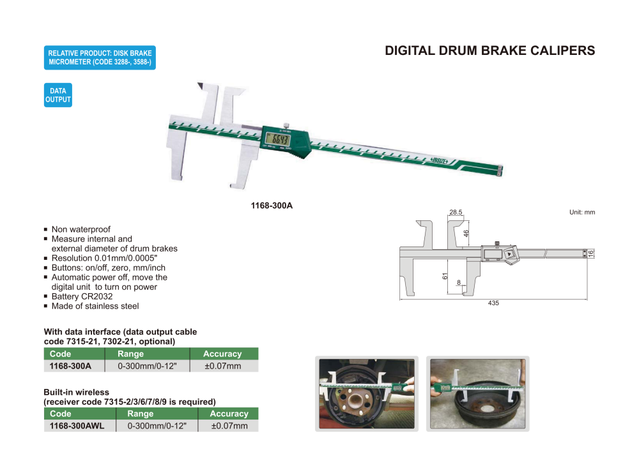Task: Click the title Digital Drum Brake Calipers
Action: click(489, 51)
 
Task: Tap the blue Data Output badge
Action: click(58, 95)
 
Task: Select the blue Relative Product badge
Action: click(100, 57)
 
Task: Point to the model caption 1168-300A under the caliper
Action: click(272, 206)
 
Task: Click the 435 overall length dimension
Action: click(493, 303)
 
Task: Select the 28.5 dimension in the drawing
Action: click(456, 212)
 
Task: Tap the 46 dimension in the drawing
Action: click(466, 234)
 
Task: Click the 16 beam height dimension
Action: click(592, 254)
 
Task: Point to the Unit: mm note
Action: click(582, 212)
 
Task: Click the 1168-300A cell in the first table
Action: click(71, 366)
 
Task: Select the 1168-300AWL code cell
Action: click(77, 426)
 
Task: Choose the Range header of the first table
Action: click(131, 354)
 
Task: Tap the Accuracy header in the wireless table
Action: click(229, 414)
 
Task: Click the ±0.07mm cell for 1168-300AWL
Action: click(229, 426)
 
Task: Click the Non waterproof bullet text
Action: click(81, 229)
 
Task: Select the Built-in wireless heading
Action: click(77, 392)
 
